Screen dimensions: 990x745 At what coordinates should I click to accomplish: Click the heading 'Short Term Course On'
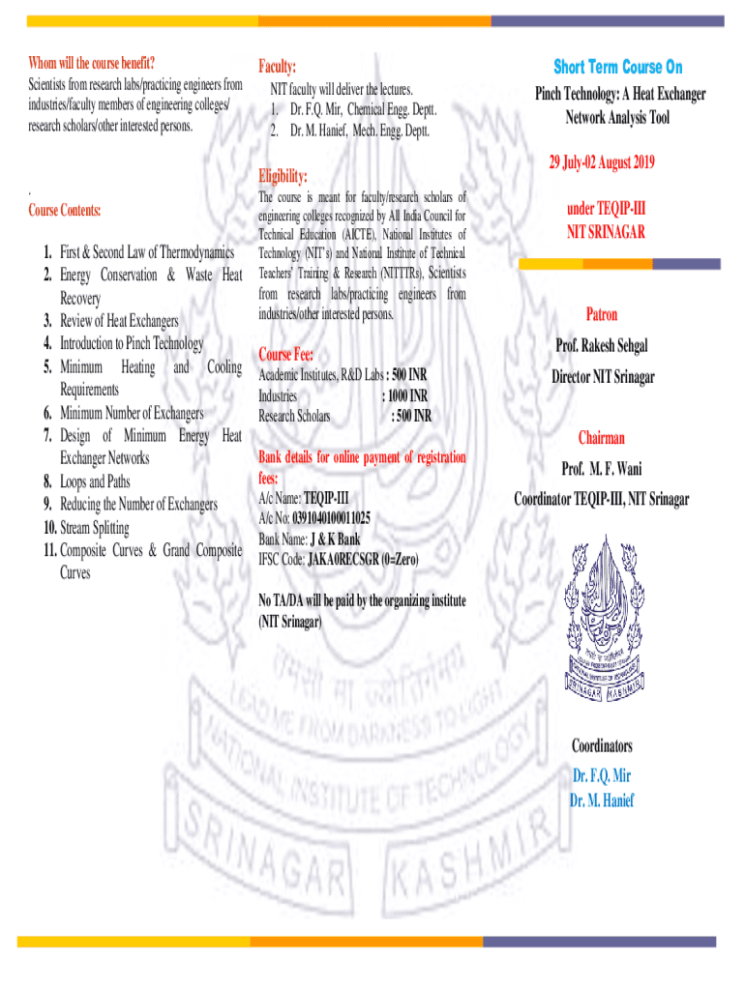618,67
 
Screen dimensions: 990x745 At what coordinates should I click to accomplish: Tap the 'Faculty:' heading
277,67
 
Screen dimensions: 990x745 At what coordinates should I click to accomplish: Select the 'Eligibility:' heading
283,176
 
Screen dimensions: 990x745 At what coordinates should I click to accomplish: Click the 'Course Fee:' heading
285,354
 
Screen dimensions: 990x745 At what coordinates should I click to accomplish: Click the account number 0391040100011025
323,518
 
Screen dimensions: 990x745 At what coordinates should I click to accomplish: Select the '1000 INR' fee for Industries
405,395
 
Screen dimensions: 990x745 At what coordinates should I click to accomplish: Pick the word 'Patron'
601,314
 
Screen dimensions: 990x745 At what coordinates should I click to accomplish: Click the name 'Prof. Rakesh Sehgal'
601,345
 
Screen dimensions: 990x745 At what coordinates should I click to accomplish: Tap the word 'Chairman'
601,438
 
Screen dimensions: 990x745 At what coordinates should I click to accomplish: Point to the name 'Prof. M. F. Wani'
601,469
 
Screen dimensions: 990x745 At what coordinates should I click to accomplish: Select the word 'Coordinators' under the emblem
601,745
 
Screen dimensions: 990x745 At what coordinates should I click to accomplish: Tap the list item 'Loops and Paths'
94,481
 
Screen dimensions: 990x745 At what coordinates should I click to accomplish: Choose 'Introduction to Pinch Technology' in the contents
132,343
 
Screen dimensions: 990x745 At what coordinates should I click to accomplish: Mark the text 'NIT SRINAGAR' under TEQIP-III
606,232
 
